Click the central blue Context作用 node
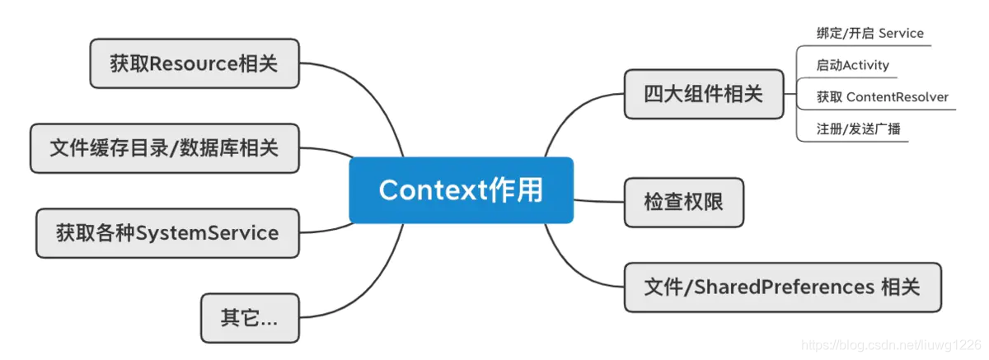pos(461,190)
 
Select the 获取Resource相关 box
pos(194,63)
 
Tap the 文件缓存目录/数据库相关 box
pos(164,148)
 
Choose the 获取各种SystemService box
pos(167,233)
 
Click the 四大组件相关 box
pos(703,94)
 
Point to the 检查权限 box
pos(683,202)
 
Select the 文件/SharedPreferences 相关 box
pos(781,288)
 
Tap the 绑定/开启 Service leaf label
pos(869,34)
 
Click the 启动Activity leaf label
pos(852,65)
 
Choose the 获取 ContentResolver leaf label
pos(882,97)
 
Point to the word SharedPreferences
pos(784,288)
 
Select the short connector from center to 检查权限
pos(598,200)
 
